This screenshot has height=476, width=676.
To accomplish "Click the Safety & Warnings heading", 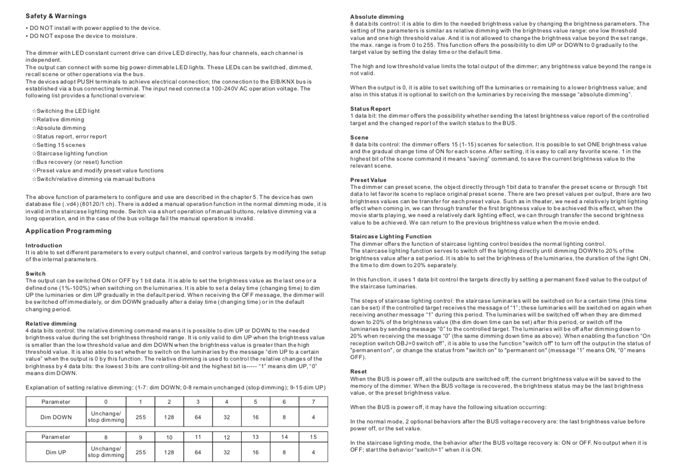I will pyautogui.click(x=56, y=16).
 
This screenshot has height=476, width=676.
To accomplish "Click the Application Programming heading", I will pyautogui.click(x=69, y=231).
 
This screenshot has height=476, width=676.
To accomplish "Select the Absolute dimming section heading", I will pyautogui.click(x=377, y=17).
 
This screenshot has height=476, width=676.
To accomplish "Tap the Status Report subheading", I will pyautogui.click(x=370, y=109).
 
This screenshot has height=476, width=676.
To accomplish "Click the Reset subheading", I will pyautogui.click(x=358, y=371).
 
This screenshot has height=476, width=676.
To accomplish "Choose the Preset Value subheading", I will pyautogui.click(x=368, y=180).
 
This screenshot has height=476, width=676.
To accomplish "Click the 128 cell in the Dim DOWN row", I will pyautogui.click(x=169, y=417).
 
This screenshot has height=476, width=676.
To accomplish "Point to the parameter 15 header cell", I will pyautogui.click(x=313, y=437).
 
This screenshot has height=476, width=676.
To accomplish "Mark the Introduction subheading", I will pyautogui.click(x=44, y=245).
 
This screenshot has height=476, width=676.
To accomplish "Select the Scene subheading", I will pyautogui.click(x=359, y=137).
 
